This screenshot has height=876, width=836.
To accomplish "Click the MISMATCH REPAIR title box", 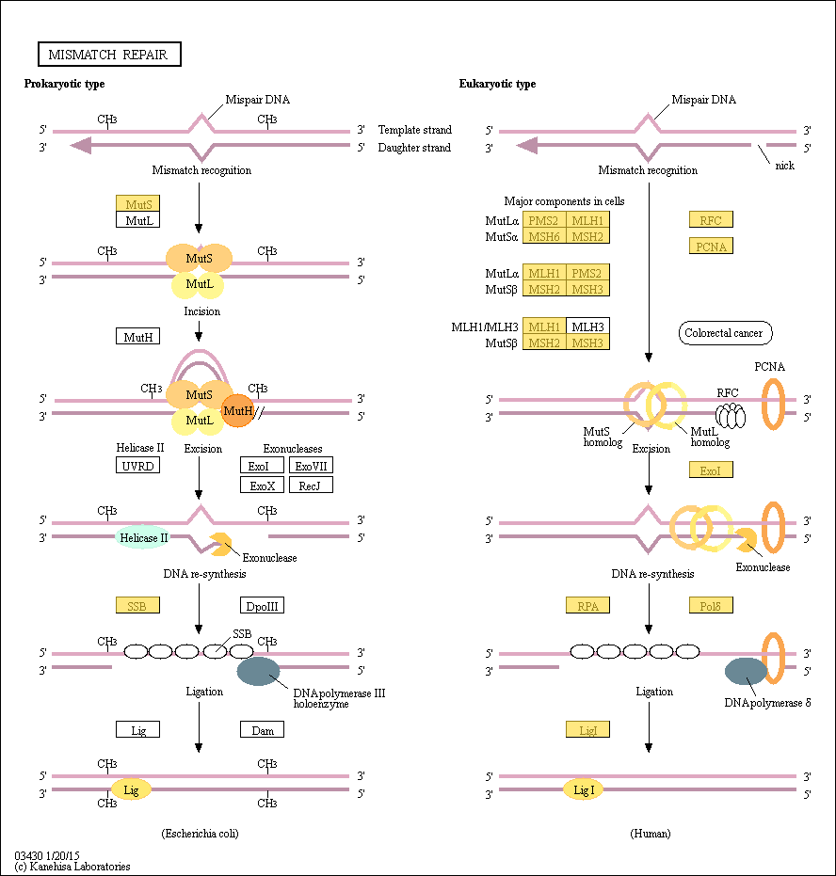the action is pyautogui.click(x=109, y=55).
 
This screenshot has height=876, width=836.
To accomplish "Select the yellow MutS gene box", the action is pyautogui.click(x=138, y=203).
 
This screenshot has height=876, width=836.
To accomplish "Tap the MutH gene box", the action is pyautogui.click(x=138, y=336).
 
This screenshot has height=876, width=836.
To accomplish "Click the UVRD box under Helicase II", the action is pyautogui.click(x=138, y=466).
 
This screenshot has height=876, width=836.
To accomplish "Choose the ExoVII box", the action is pyautogui.click(x=312, y=466).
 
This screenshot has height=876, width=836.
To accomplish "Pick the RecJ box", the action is pyautogui.click(x=312, y=485).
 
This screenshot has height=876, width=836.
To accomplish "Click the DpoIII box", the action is pyautogui.click(x=262, y=606).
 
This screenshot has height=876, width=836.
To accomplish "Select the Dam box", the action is pyautogui.click(x=262, y=729).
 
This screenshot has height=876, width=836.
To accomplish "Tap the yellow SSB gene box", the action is pyautogui.click(x=138, y=605).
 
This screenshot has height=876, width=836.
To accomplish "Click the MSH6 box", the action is pyautogui.click(x=544, y=236).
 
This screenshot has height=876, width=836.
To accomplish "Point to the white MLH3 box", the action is pyautogui.click(x=587, y=327).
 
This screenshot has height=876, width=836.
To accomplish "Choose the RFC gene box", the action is pyautogui.click(x=711, y=219).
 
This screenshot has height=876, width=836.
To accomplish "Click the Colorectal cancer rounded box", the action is pyautogui.click(x=725, y=333).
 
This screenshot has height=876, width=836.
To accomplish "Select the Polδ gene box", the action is pyautogui.click(x=711, y=605).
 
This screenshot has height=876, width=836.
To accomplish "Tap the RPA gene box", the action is pyautogui.click(x=587, y=605).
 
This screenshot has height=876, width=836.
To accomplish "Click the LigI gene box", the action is pyautogui.click(x=587, y=729).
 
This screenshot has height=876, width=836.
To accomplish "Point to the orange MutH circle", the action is pyautogui.click(x=237, y=410).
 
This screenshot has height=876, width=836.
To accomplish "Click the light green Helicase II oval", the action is pyautogui.click(x=143, y=537).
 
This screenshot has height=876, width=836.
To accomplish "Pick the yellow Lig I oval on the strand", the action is pyautogui.click(x=584, y=789).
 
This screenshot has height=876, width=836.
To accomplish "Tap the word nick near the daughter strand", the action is pyautogui.click(x=784, y=166).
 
